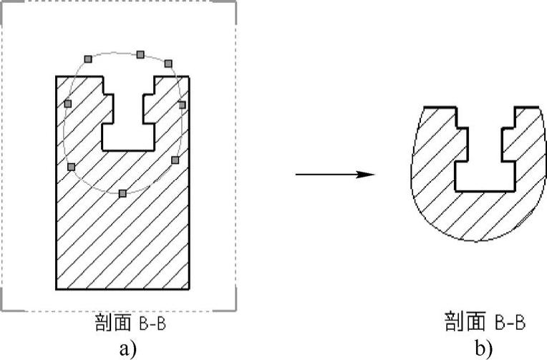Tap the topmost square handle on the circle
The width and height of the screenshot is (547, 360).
point(140,54)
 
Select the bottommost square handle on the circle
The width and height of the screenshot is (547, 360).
point(122,193)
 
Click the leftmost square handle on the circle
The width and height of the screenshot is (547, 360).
point(68,104)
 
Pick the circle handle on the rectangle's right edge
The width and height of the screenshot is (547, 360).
point(182,104)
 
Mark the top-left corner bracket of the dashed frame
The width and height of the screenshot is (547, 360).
point(5,5)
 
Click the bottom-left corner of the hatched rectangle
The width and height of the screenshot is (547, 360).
point(57,289)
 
